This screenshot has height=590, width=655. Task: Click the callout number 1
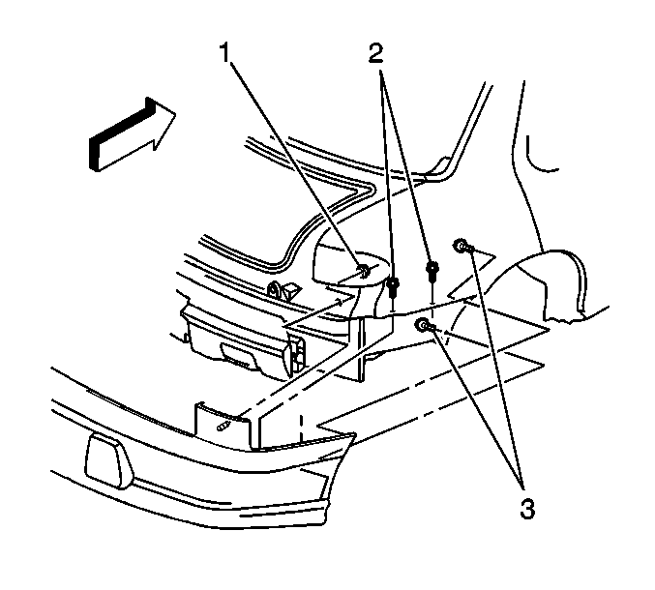pyautogui.click(x=224, y=52)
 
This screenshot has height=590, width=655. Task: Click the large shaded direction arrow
pyautogui.click(x=132, y=134)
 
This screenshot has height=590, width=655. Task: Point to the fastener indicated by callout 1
pyautogui.click(x=364, y=271)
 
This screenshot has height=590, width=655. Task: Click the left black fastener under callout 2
pyautogui.click(x=393, y=287)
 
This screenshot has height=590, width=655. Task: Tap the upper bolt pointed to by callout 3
pyautogui.click(x=461, y=246)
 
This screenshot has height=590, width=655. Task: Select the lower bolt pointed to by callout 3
pyautogui.click(x=424, y=324)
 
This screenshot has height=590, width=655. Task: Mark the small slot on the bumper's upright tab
pyautogui.click(x=223, y=427)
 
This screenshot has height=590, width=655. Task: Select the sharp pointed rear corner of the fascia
pyautogui.click(x=355, y=434)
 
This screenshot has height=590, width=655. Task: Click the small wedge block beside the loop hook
pyautogui.click(x=293, y=290)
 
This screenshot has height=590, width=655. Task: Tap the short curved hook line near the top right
pyautogui.click(x=539, y=157)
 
